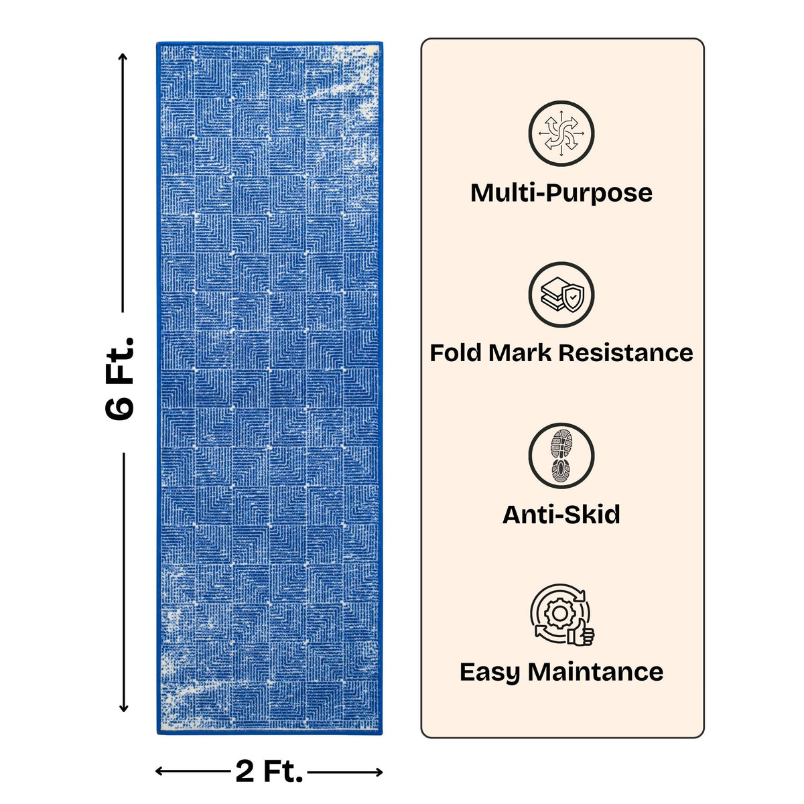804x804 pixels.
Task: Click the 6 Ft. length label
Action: [x=119, y=378]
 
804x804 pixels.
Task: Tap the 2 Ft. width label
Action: [x=269, y=771]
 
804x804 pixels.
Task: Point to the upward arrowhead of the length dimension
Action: [x=123, y=58]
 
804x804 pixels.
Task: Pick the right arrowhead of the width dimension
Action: [x=378, y=773]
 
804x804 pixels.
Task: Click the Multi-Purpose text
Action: [x=561, y=193]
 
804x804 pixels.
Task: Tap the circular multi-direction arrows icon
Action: [x=561, y=133]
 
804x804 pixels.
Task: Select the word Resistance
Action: [x=625, y=353]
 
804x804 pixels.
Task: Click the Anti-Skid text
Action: [x=561, y=515]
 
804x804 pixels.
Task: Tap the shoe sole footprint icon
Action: [x=561, y=456]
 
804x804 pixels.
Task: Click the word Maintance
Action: [x=596, y=672]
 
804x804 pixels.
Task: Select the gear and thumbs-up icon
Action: [x=562, y=616]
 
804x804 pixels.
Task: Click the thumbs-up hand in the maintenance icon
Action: [x=580, y=632]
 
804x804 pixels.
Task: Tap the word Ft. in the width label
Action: [x=283, y=771]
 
